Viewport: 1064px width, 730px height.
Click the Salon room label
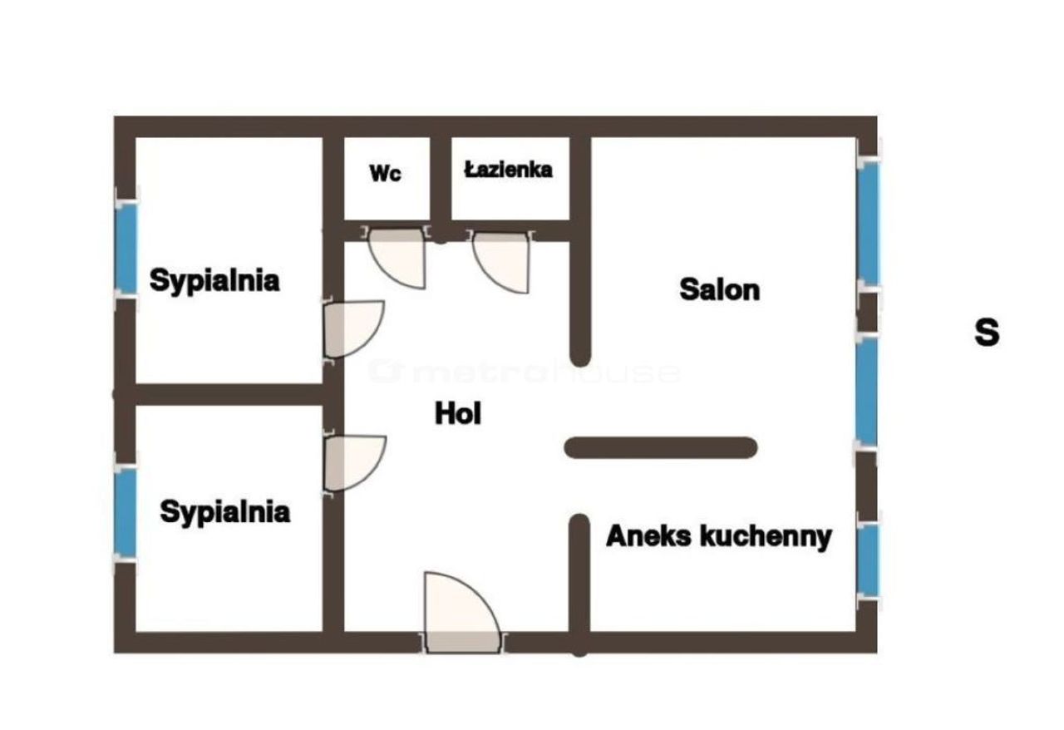pyautogui.click(x=720, y=289)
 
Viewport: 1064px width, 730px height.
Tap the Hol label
pyautogui.click(x=458, y=413)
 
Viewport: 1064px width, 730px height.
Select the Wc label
pyautogui.click(x=385, y=173)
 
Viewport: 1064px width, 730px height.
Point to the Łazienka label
pyautogui.click(x=508, y=170)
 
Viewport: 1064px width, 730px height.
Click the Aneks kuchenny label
pyautogui.click(x=719, y=536)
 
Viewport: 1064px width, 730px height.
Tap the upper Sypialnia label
pyautogui.click(x=214, y=280)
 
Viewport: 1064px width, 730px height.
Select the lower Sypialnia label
pyautogui.click(x=224, y=512)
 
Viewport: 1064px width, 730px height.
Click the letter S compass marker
pyautogui.click(x=987, y=333)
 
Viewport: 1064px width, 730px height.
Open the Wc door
pyautogui.click(x=397, y=258)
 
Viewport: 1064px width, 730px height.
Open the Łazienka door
pyautogui.click(x=500, y=261)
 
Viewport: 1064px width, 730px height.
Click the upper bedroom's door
pyautogui.click(x=354, y=329)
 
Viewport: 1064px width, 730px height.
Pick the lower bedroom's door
pyautogui.click(x=355, y=463)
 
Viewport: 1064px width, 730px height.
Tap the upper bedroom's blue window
pyautogui.click(x=126, y=249)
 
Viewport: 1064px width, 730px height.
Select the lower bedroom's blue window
pyautogui.click(x=125, y=512)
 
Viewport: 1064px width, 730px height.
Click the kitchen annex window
pyautogui.click(x=869, y=560)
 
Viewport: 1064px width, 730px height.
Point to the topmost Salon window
pyautogui.click(x=869, y=223)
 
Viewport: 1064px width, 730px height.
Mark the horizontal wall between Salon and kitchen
pyautogui.click(x=661, y=447)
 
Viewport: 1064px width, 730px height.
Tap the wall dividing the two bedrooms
pyautogui.click(x=229, y=394)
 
